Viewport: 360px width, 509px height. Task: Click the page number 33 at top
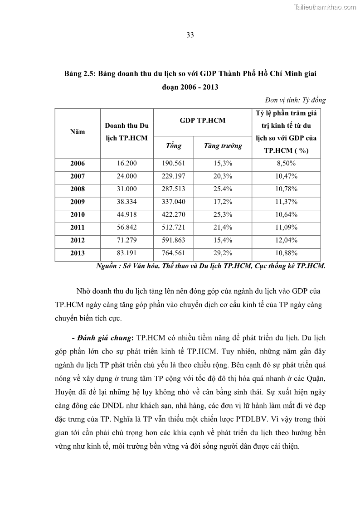pyautogui.click(x=190, y=35)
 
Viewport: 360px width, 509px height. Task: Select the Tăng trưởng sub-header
pyautogui.click(x=223, y=146)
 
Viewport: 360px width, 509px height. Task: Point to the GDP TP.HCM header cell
pyautogui.click(x=202, y=120)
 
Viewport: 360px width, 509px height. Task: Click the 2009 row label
pyautogui.click(x=78, y=202)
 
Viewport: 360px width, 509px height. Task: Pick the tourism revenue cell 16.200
pyautogui.click(x=126, y=163)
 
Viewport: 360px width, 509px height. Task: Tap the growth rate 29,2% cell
pyautogui.click(x=223, y=253)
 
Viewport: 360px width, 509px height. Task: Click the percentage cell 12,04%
pyautogui.click(x=286, y=240)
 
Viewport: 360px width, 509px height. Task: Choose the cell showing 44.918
pyautogui.click(x=126, y=214)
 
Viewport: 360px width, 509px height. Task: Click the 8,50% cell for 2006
pyautogui.click(x=286, y=163)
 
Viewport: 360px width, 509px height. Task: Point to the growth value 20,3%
pyautogui.click(x=223, y=176)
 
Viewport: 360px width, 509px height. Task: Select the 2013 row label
pyautogui.click(x=78, y=253)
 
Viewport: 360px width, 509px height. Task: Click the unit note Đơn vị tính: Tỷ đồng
pyautogui.click(x=295, y=100)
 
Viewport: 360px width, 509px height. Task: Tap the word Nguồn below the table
pyautogui.click(x=107, y=267)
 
